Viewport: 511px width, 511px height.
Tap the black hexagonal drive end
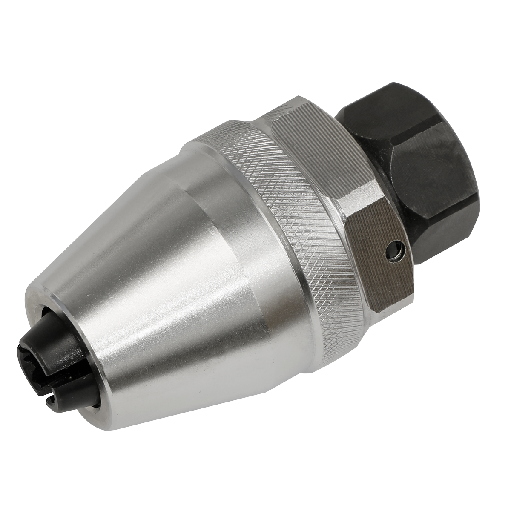point(409,162)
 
